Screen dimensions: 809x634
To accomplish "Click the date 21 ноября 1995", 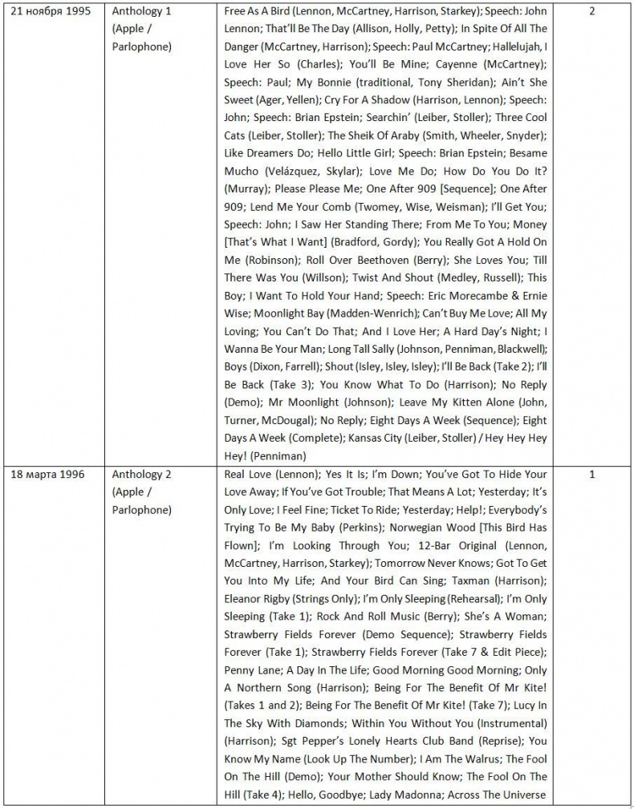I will [x=50, y=12].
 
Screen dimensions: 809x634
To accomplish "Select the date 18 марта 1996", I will [x=47, y=474].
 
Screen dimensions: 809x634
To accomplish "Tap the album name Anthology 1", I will [x=141, y=12].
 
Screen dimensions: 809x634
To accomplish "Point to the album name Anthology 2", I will [x=141, y=474].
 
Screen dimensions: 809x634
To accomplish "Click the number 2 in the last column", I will [x=591, y=12].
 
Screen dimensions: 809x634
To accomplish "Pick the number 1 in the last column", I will [x=591, y=474].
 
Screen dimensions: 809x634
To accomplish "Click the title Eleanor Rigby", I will [x=257, y=598].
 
